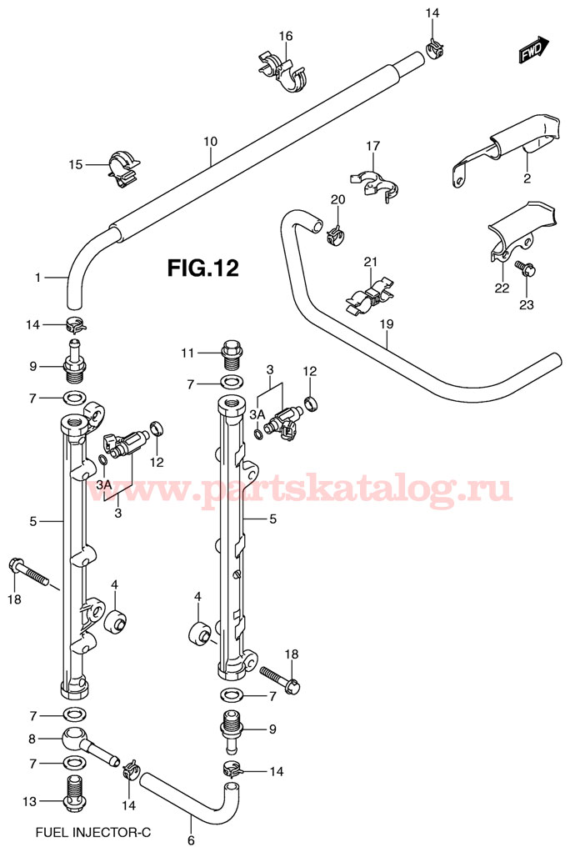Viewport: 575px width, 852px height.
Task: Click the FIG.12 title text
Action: tap(203, 268)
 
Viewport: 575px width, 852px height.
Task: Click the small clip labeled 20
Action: tap(336, 234)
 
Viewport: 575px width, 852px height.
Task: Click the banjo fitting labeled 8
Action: tap(83, 740)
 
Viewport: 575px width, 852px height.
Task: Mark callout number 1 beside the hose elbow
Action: tap(37, 277)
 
